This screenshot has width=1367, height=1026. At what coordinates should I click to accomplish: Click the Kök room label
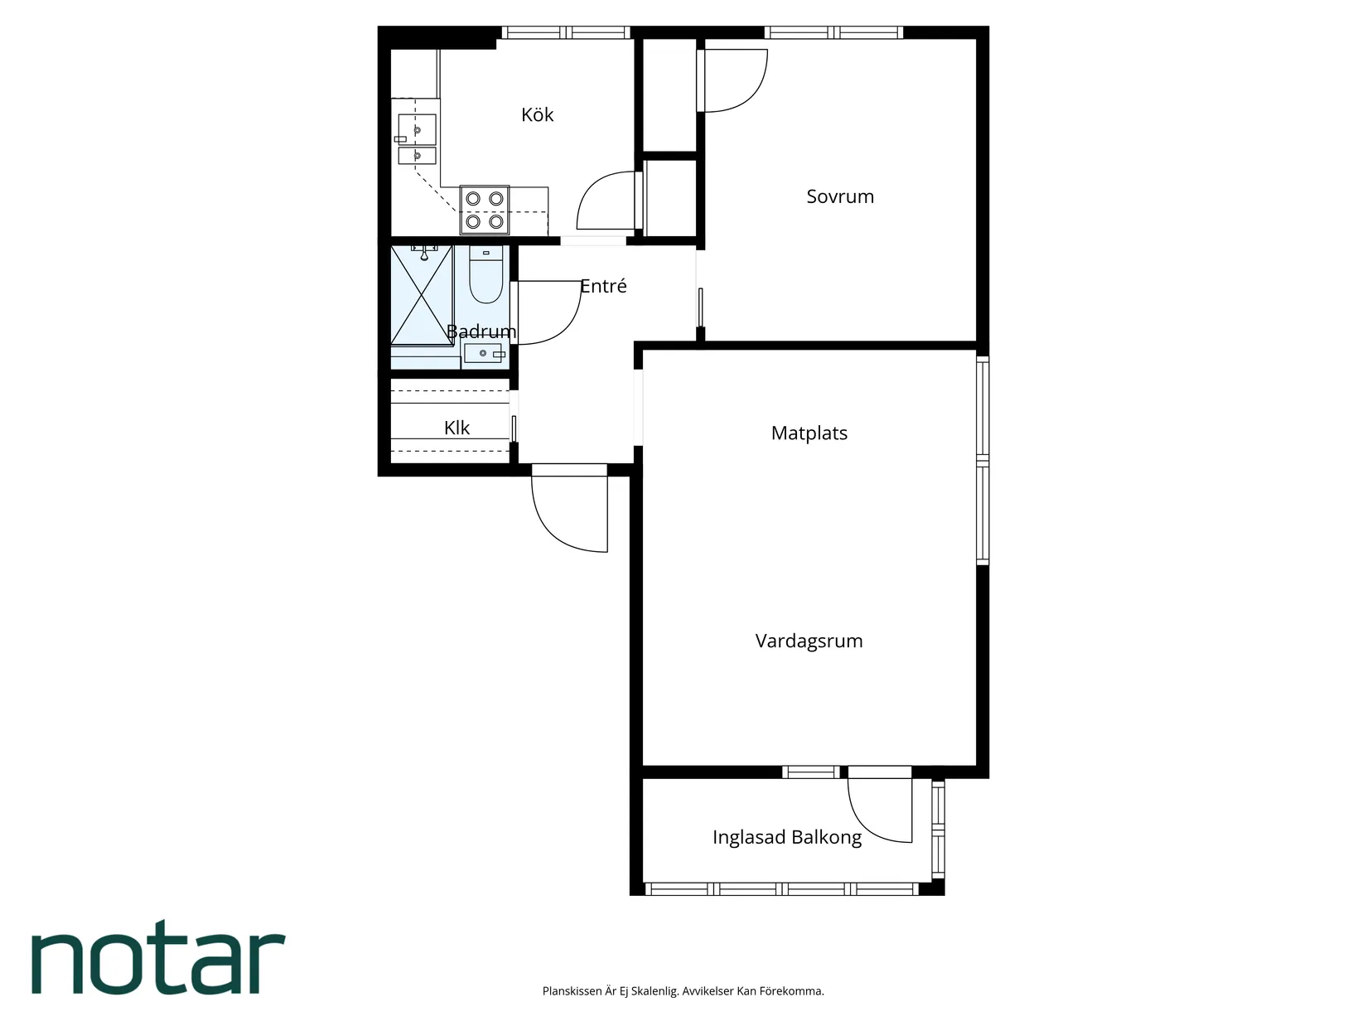tap(537, 114)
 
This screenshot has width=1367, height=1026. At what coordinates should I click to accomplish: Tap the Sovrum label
tap(840, 196)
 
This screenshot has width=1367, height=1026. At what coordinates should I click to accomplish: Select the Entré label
tap(603, 286)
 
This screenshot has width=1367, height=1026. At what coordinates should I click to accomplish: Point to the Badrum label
tap(481, 332)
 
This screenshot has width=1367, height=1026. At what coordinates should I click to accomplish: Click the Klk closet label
tap(456, 428)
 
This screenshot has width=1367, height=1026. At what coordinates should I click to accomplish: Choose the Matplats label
tap(809, 433)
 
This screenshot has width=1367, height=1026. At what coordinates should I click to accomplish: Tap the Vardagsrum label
tap(809, 641)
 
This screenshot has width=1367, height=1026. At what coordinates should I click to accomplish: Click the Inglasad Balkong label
tap(787, 837)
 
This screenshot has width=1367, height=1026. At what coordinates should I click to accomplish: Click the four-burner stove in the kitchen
tap(485, 210)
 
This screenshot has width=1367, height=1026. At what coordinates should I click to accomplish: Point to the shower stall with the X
tap(422, 295)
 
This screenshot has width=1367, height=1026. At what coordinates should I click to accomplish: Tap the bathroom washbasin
tap(485, 355)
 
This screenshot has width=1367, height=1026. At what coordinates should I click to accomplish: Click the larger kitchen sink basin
tap(418, 129)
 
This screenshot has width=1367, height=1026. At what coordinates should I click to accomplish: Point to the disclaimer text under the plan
tap(683, 991)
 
